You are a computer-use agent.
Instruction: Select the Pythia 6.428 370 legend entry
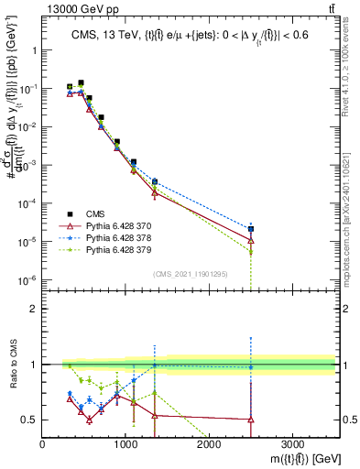click(x=115, y=224)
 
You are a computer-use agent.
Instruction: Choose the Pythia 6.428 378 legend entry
click(x=115, y=236)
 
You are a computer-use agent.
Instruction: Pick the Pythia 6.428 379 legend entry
click(x=115, y=249)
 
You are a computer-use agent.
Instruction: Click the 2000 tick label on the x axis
click(x=209, y=444)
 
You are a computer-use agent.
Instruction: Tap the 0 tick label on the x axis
click(x=43, y=444)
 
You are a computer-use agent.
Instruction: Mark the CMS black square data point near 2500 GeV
click(x=250, y=229)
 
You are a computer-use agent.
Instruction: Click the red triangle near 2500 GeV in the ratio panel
click(x=250, y=420)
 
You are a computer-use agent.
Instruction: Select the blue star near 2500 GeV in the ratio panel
click(x=250, y=367)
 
